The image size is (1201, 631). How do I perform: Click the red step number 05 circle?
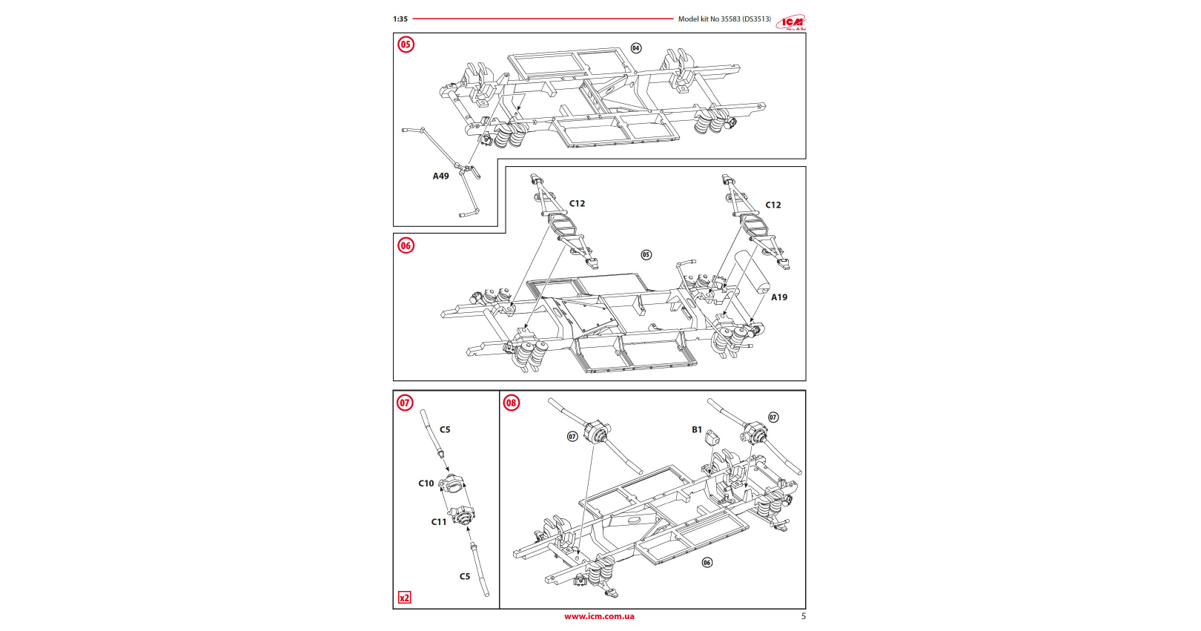tap(406, 44)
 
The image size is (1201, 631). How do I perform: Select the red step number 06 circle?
tap(406, 245)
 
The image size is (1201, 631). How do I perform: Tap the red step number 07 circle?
tap(405, 403)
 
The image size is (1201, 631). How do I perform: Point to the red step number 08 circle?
tap(512, 403)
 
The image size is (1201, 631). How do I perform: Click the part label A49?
tap(441, 176)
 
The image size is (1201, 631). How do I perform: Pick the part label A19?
tap(779, 297)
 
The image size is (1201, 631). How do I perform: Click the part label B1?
tap(697, 429)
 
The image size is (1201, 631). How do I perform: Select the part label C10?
tap(426, 483)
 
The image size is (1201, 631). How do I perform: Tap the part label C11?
tap(439, 522)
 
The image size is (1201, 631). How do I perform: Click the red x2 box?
tap(404, 598)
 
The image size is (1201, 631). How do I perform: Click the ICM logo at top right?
tap(791, 22)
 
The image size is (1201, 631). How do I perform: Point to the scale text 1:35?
tap(400, 19)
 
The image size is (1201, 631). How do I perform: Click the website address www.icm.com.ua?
tap(599, 616)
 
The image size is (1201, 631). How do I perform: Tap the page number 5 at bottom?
tap(804, 616)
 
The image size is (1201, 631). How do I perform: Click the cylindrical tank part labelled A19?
tap(751, 273)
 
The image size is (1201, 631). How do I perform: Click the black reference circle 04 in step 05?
tap(636, 48)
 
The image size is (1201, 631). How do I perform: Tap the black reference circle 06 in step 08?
tap(707, 563)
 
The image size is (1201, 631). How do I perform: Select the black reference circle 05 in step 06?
tap(646, 255)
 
